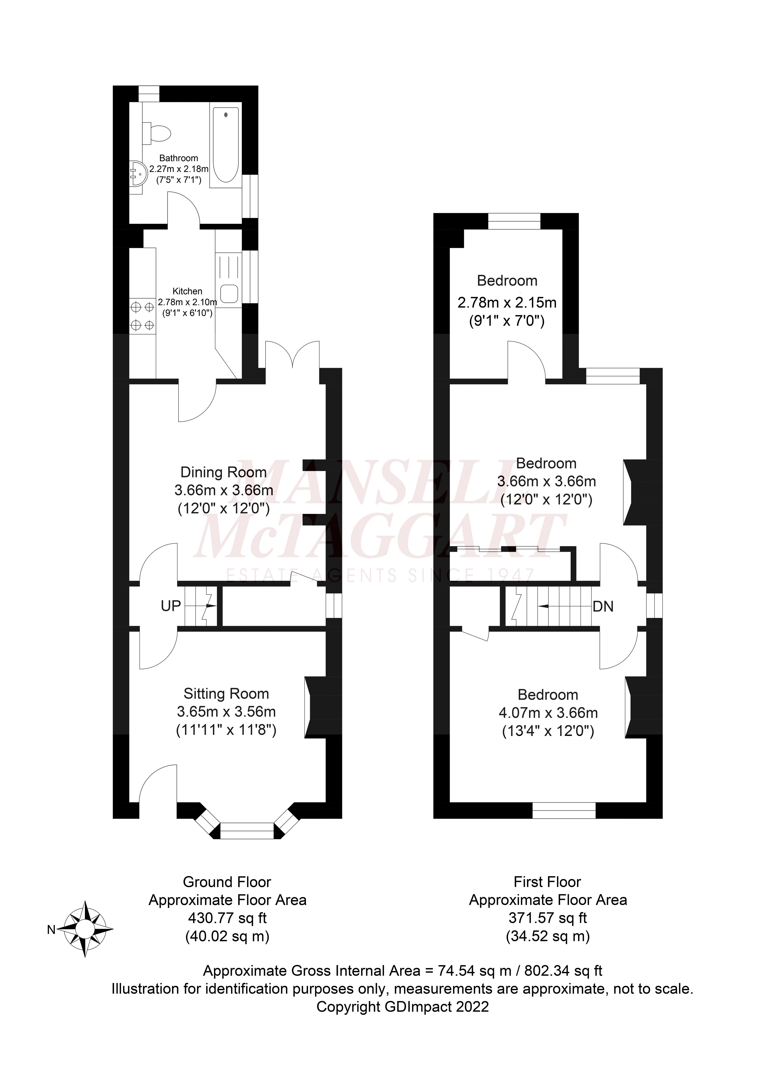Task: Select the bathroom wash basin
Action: (x=138, y=173)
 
